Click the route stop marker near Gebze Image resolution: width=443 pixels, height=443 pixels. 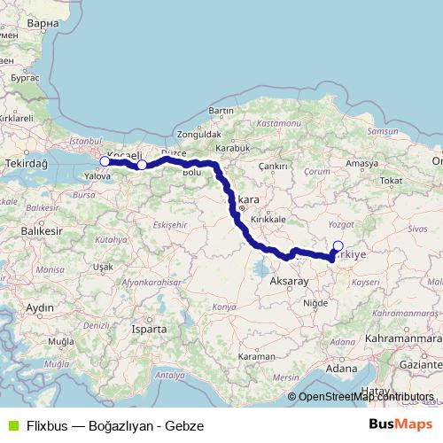(x=105, y=161)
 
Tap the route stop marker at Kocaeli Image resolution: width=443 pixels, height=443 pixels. (x=142, y=165)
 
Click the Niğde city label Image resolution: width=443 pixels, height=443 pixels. (x=315, y=302)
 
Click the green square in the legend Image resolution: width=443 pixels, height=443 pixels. (x=12, y=424)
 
